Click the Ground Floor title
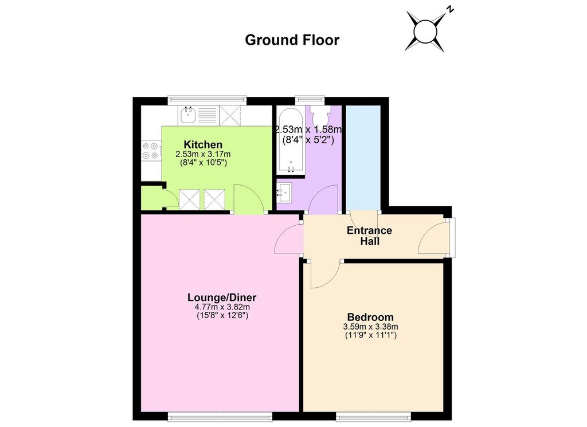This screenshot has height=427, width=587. (x=292, y=40)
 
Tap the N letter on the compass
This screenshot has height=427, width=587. (x=451, y=9)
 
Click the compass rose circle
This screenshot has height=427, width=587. (x=425, y=32)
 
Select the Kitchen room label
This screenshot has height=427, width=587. (x=203, y=144)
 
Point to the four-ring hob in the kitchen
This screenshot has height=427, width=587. (x=151, y=150)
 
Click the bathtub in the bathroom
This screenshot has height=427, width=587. (x=291, y=141)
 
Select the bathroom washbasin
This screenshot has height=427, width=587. (x=284, y=192)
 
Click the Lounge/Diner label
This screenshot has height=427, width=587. (x=222, y=297)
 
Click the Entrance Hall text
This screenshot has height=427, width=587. (x=370, y=236)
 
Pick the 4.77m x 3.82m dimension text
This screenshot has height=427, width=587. (x=222, y=307)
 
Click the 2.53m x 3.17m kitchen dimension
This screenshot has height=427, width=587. (x=203, y=154)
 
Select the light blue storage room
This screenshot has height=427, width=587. (x=363, y=158)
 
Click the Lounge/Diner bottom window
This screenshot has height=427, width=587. (x=220, y=416)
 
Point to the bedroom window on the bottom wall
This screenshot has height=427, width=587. (x=373, y=416)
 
